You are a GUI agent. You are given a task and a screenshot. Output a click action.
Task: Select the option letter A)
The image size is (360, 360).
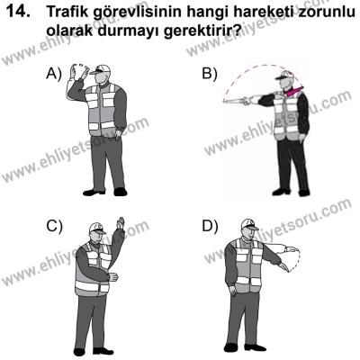coord(55,76)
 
